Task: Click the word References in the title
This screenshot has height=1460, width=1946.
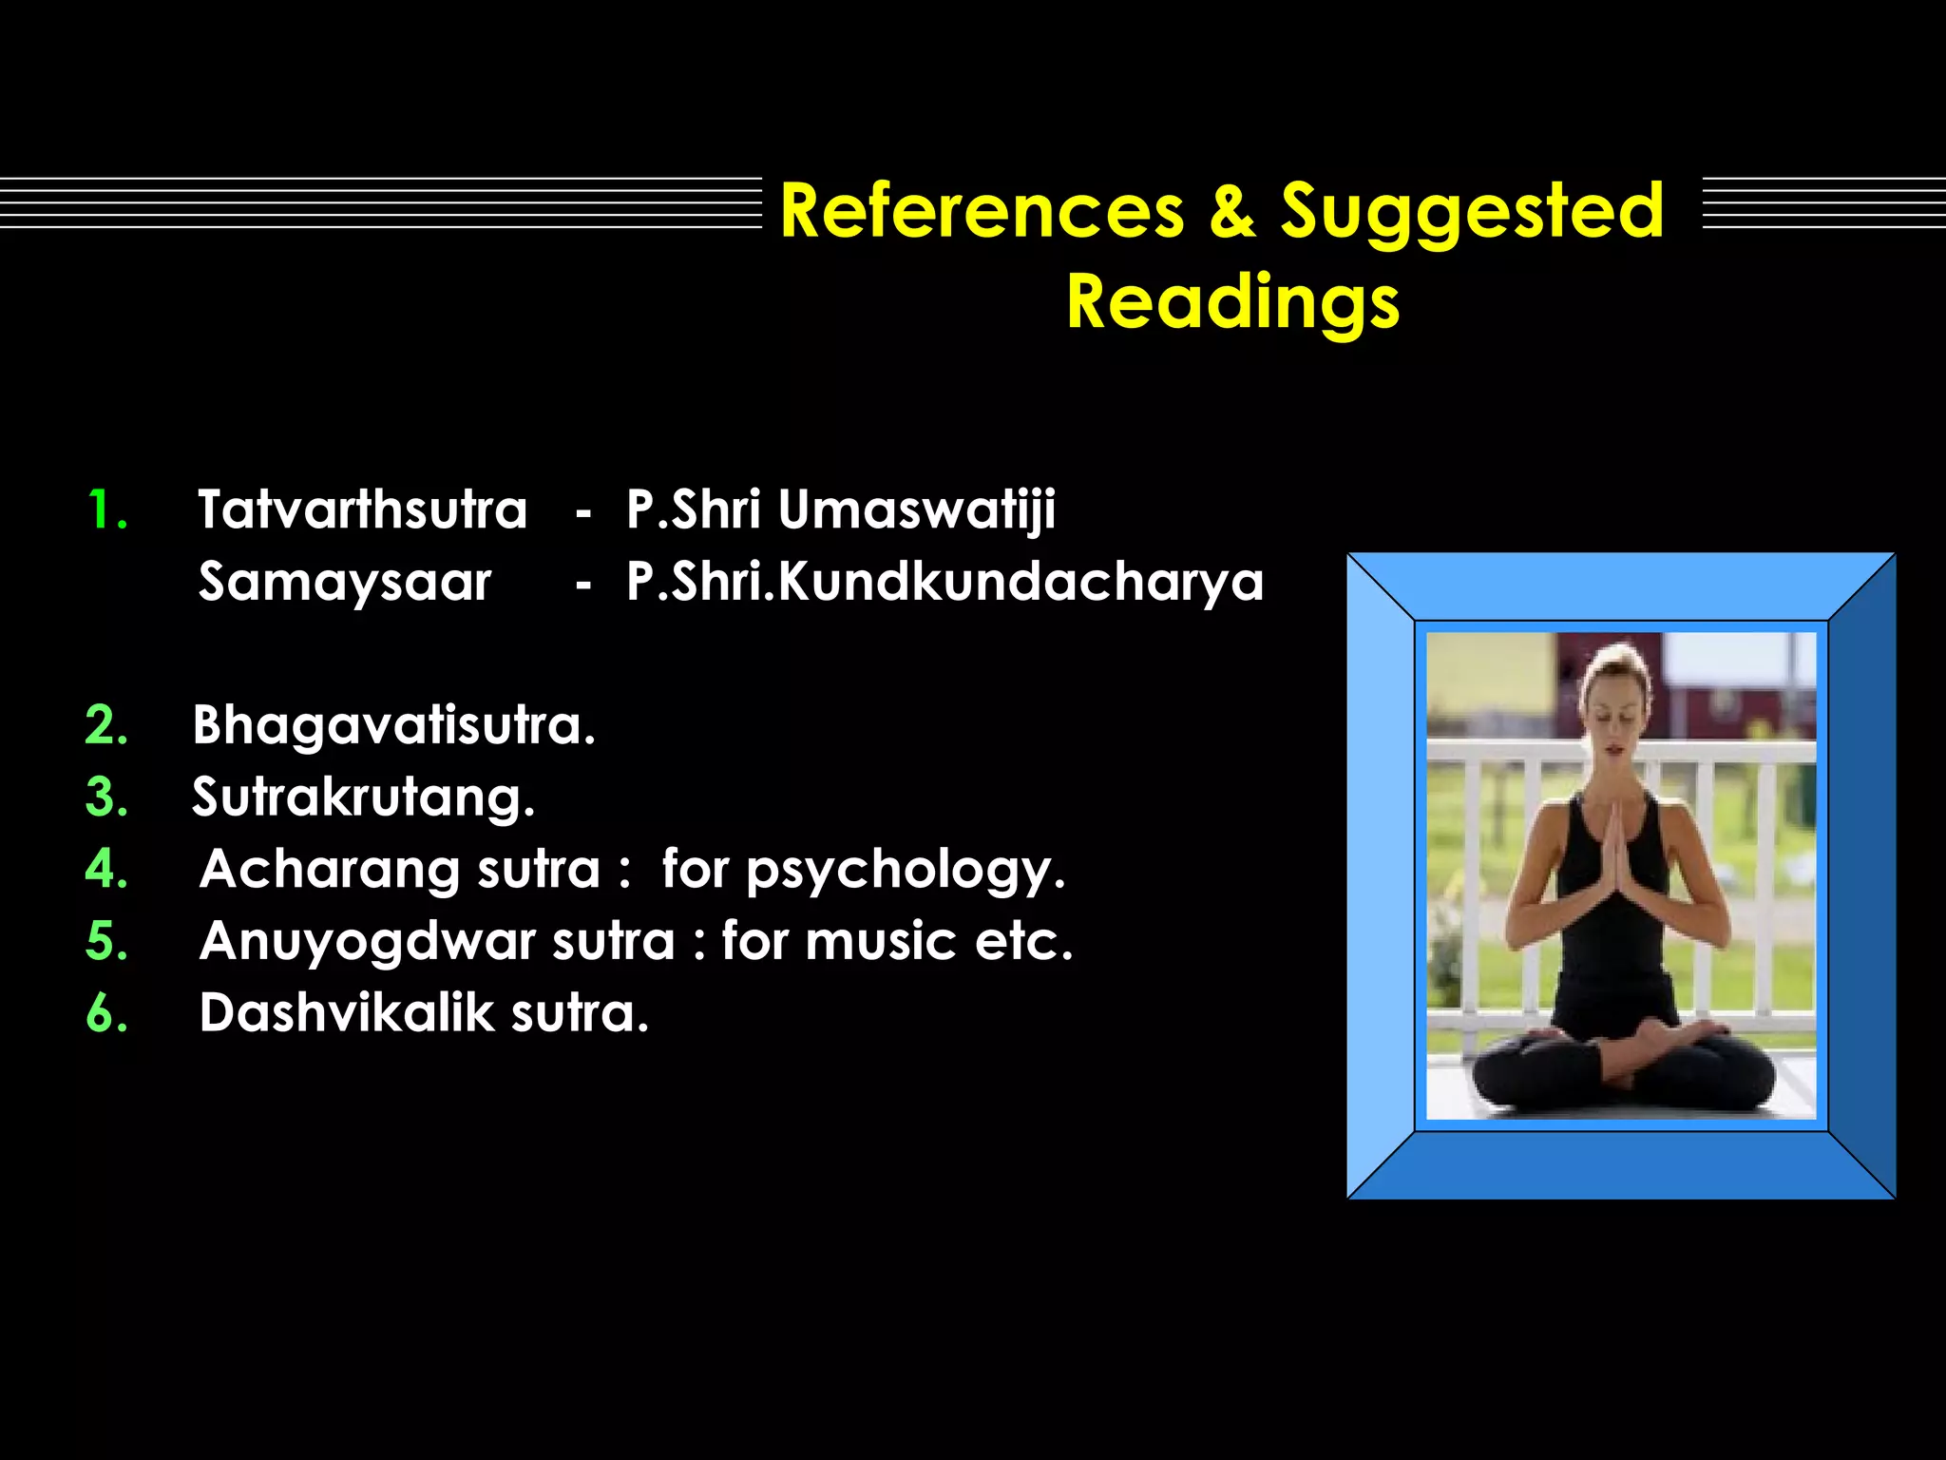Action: [x=982, y=211]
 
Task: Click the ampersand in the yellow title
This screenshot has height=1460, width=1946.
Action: [x=1231, y=211]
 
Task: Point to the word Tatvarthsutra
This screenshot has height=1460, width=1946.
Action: [x=362, y=509]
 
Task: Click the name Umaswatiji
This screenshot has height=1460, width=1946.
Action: [x=916, y=510]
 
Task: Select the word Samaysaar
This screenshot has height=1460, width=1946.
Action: [x=345, y=582]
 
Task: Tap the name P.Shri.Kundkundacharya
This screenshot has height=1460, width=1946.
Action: [x=944, y=582]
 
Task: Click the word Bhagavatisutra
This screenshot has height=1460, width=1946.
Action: [x=393, y=726]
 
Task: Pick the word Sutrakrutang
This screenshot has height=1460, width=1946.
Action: [x=363, y=797]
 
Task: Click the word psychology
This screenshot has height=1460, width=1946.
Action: [x=905, y=871]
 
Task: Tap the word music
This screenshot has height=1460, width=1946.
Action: [x=880, y=941]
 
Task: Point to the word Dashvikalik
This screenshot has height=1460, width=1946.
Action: [x=347, y=1013]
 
